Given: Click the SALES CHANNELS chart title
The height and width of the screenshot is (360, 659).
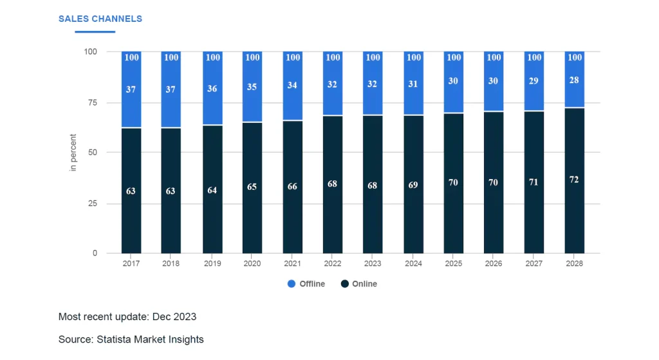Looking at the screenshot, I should [x=100, y=19].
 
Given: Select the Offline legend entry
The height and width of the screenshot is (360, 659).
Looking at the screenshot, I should [x=311, y=284].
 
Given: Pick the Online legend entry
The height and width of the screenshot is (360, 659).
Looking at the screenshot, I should [x=364, y=284].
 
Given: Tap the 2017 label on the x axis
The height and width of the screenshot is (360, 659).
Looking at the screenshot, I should [x=131, y=263].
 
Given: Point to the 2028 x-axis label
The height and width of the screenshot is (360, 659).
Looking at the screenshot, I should [x=574, y=263].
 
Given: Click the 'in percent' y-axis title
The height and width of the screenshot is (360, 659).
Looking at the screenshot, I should [x=73, y=153].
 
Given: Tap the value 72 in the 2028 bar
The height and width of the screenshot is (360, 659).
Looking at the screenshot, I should [x=574, y=180].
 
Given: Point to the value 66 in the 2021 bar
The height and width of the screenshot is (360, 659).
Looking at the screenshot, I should [x=292, y=186].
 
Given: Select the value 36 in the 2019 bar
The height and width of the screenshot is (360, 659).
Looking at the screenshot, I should [x=212, y=88].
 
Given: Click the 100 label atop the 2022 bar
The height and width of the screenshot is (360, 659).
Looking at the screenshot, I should [x=333, y=57].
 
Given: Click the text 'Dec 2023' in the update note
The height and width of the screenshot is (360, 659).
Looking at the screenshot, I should [x=174, y=317].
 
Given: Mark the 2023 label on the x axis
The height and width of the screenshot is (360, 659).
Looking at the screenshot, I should [x=373, y=263].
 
